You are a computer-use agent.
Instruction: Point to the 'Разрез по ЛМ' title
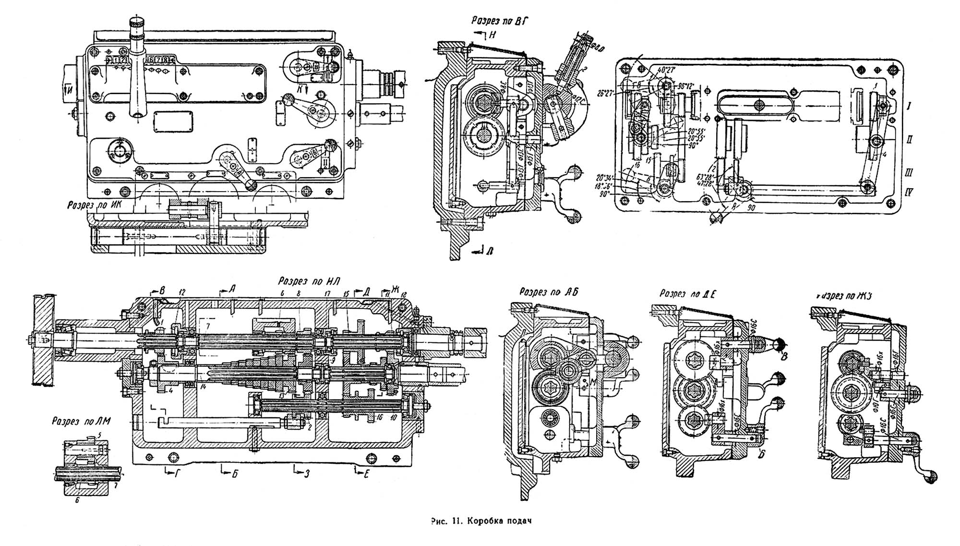point(82,422)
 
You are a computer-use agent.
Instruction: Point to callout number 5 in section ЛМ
point(99,435)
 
